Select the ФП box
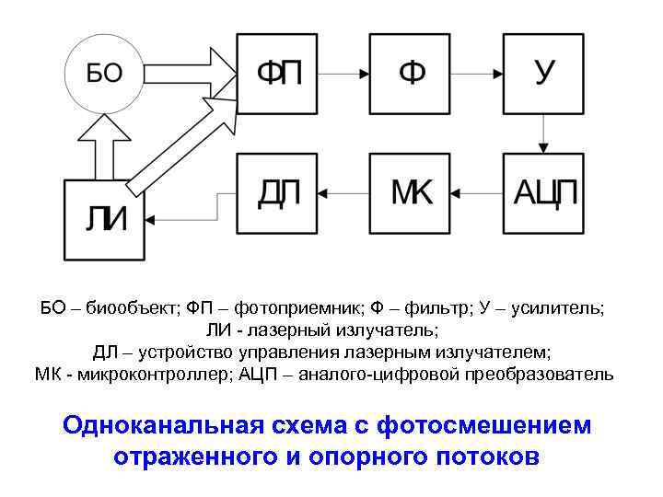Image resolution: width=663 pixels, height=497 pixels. coord(278,73)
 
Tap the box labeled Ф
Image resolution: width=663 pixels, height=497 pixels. coord(411,73)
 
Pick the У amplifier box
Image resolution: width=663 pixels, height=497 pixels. coord(544,73)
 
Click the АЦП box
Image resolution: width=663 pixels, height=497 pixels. coord(544,193)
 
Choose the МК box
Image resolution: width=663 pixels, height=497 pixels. coord(411,193)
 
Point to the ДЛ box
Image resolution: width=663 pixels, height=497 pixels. coord(278,193)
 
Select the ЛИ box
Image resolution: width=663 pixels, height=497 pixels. coord(104,219)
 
